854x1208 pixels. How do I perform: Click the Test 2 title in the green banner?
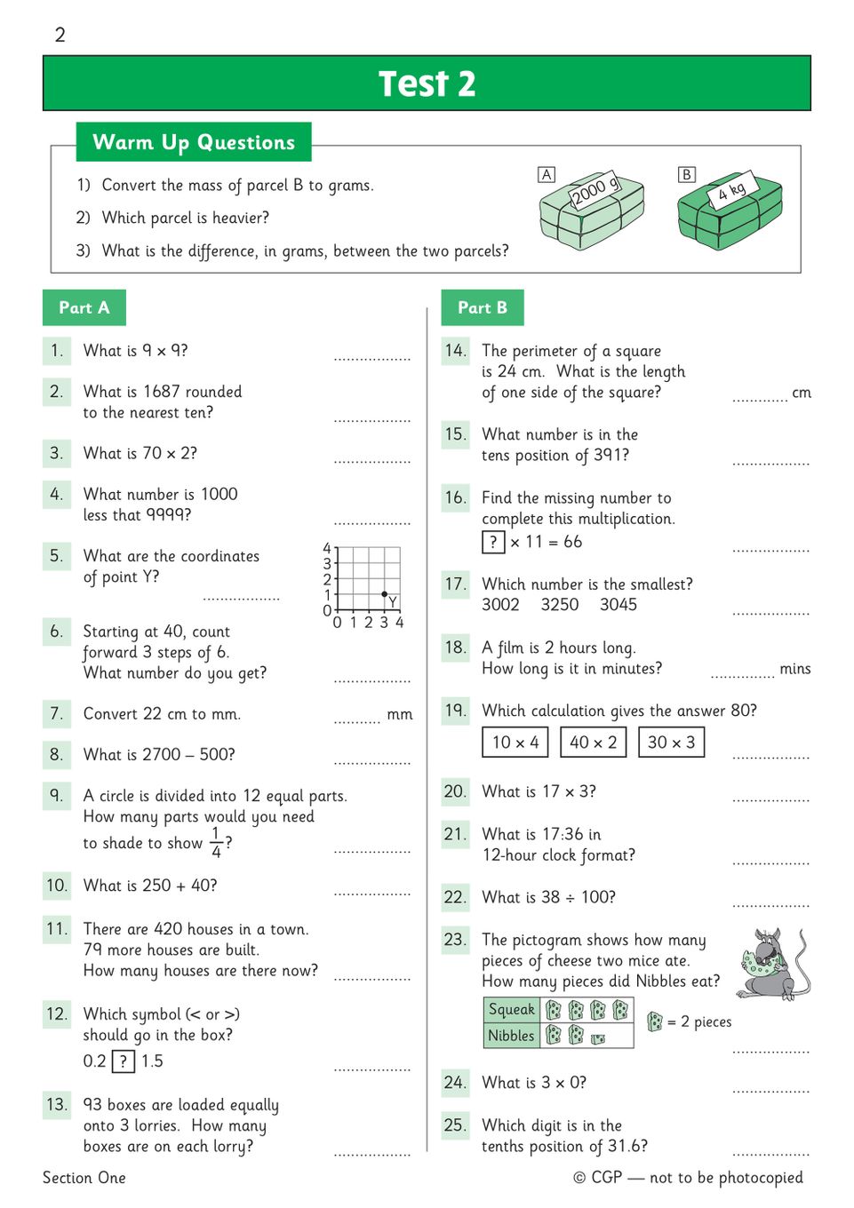[427, 83]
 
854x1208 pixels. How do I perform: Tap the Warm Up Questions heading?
[194, 142]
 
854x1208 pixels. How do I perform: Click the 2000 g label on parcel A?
[595, 190]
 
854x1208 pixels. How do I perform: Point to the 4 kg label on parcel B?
[732, 189]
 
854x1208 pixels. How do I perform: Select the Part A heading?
[84, 307]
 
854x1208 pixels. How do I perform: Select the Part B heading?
[483, 307]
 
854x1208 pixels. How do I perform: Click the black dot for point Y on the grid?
[384, 593]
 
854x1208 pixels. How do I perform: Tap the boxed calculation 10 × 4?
[515, 743]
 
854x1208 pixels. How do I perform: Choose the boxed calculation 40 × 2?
[594, 743]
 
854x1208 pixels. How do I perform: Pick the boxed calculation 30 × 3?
[671, 743]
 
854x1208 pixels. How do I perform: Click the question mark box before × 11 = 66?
[493, 542]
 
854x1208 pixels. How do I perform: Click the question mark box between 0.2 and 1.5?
[124, 1061]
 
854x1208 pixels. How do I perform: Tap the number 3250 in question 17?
[560, 605]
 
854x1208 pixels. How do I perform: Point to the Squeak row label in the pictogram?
[512, 1009]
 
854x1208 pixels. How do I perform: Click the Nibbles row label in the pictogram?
[511, 1036]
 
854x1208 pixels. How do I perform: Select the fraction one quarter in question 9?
[216, 842]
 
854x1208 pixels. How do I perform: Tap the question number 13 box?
[57, 1104]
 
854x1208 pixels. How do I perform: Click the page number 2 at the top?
[60, 35]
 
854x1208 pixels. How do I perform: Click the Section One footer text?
[84, 1178]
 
